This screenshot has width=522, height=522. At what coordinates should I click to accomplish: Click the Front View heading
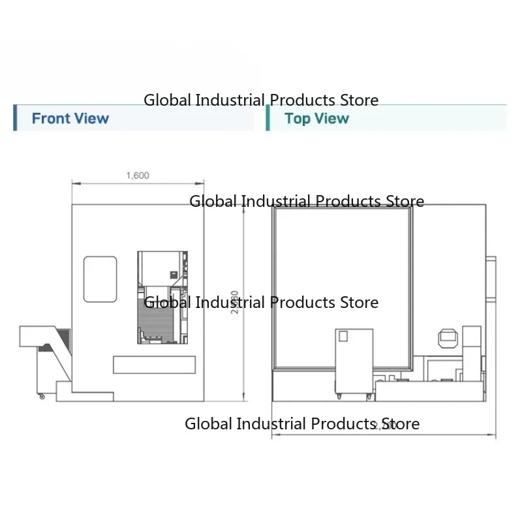click(70, 119)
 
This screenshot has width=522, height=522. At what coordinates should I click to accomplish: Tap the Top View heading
click(316, 119)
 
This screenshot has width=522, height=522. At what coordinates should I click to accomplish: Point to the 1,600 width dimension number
click(137, 175)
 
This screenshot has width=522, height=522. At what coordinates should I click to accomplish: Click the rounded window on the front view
click(100, 279)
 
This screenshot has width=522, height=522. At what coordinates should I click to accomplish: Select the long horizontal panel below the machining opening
click(155, 365)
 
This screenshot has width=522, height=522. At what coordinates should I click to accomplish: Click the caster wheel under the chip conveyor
click(42, 396)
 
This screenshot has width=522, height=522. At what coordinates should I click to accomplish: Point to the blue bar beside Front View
click(15, 117)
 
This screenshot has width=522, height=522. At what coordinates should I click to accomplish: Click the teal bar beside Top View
click(268, 117)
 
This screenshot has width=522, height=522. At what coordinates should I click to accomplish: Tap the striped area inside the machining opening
click(157, 316)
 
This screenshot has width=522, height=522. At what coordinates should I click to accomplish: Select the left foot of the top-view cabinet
click(339, 396)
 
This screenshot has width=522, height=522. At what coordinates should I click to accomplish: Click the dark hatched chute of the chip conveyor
click(61, 337)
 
